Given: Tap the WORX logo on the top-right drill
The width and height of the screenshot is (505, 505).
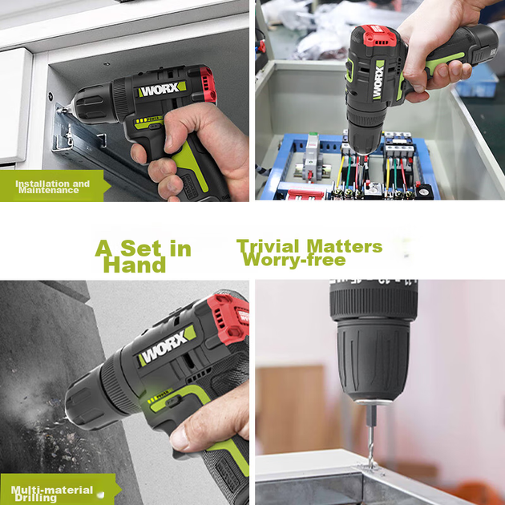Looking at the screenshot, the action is pos(378,80).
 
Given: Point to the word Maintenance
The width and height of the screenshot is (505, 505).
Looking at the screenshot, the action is pos(49,190).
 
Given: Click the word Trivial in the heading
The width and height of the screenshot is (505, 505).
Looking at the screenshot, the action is pos(269,246).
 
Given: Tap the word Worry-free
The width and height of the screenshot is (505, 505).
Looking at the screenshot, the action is pos(294,260).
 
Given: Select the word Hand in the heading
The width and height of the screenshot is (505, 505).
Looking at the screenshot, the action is pos(135,265).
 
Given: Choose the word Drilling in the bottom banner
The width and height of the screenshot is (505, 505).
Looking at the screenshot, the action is pos(35,498).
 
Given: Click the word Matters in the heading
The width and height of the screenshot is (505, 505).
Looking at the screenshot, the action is pos(345,246).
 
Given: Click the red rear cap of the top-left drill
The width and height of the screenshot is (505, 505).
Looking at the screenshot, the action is pos(207,85).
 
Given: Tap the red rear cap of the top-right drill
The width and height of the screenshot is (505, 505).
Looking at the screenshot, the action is pos(379,35).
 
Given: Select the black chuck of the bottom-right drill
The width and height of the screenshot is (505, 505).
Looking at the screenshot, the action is pos(374,360).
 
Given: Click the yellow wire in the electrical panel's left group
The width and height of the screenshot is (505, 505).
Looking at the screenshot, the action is pos(340,172).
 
